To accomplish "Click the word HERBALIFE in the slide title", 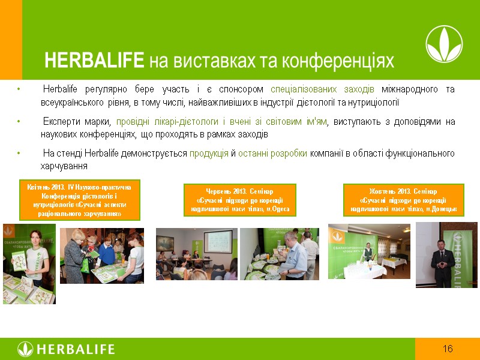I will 94,61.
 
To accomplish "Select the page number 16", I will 447,349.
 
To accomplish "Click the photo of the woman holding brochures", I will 29,263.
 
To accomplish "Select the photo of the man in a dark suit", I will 446,254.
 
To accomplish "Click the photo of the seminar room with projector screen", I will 197,254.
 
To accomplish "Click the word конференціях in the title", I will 339,61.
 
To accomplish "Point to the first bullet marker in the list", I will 20,90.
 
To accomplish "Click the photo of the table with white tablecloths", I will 369,251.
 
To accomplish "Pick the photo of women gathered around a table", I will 101,256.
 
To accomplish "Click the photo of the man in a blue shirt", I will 279,254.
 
